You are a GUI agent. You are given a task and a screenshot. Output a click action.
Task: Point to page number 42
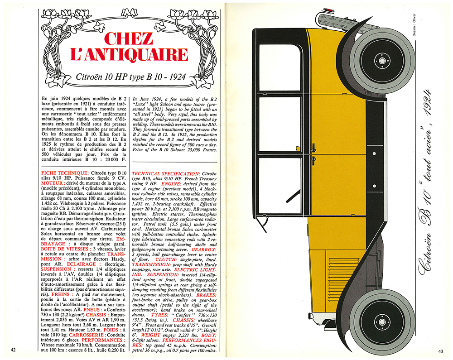click(13, 349)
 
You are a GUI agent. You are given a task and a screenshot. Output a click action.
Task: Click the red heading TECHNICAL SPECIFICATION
click(165, 174)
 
